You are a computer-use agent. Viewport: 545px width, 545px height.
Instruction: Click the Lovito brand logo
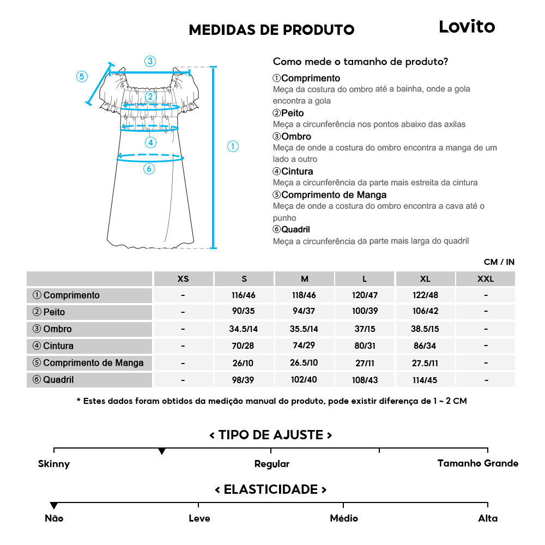[467, 27]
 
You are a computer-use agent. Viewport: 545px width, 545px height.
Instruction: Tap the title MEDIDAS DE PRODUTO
[271, 29]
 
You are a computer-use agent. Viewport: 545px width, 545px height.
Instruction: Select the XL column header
[425, 279]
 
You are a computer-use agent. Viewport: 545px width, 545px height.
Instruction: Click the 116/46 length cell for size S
[244, 295]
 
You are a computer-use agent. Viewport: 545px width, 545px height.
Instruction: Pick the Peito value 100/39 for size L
[365, 312]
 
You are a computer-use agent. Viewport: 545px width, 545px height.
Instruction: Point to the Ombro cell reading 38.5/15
[425, 329]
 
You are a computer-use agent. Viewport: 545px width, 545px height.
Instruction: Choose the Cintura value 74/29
[304, 346]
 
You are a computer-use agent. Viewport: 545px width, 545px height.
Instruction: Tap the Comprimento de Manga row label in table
[88, 363]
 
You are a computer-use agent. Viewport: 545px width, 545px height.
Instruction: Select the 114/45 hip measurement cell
[425, 380]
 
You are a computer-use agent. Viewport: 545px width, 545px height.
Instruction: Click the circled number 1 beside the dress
[233, 146]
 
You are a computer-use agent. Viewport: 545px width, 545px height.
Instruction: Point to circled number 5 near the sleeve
[82, 76]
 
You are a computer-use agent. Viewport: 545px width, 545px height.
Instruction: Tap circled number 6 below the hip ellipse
[149, 169]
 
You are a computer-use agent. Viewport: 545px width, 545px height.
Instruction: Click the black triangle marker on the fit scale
[162, 452]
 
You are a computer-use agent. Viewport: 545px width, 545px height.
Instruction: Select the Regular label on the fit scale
[271, 464]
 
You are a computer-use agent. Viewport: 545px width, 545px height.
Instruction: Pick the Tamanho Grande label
[477, 463]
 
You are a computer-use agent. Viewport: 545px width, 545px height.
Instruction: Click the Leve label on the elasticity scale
[199, 518]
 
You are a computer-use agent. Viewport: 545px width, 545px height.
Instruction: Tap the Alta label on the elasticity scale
[487, 518]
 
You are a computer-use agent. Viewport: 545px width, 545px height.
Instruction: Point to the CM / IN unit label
[499, 262]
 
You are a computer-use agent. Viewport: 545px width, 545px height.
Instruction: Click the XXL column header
[485, 279]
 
